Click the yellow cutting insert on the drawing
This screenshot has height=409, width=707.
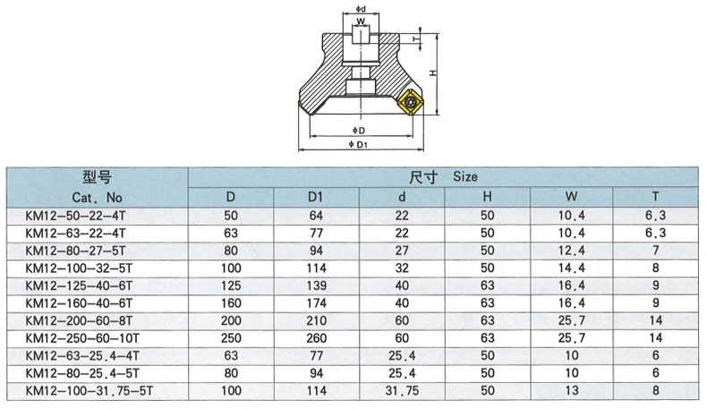(409, 102)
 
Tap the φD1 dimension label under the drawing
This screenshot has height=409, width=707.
(359, 144)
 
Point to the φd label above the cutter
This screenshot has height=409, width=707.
(361, 9)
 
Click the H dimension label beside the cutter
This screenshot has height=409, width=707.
(433, 72)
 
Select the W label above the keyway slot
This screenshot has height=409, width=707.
(361, 21)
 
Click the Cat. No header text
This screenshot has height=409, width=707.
(97, 198)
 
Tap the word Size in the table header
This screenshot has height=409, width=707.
(464, 177)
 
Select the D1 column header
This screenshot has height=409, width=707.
(316, 197)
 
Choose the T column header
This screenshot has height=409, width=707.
(655, 197)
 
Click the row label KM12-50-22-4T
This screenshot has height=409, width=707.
(75, 216)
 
